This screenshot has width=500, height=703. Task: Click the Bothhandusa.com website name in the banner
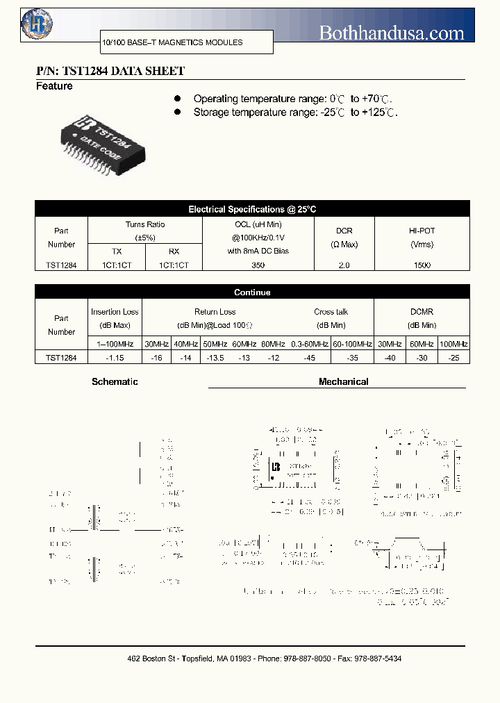click(x=391, y=33)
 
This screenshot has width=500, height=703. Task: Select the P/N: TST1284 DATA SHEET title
click(x=110, y=71)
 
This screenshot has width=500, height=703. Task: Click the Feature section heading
click(x=54, y=86)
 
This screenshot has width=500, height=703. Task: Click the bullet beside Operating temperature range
click(x=177, y=99)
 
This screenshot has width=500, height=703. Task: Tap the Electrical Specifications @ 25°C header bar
click(x=252, y=209)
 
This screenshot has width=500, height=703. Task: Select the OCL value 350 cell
click(x=258, y=265)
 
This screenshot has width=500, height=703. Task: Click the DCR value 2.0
click(x=344, y=265)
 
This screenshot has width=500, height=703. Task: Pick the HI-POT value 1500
click(x=422, y=265)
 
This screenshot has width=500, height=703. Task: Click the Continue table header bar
click(x=252, y=292)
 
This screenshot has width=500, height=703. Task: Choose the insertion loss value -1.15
click(x=115, y=358)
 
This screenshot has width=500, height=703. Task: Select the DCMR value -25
click(x=453, y=358)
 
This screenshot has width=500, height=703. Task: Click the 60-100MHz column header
click(x=352, y=344)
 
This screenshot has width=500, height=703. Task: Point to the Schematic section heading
click(x=115, y=381)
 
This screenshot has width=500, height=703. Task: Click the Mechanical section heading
click(x=343, y=381)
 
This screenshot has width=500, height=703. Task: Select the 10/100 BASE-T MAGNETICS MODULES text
click(x=172, y=42)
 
